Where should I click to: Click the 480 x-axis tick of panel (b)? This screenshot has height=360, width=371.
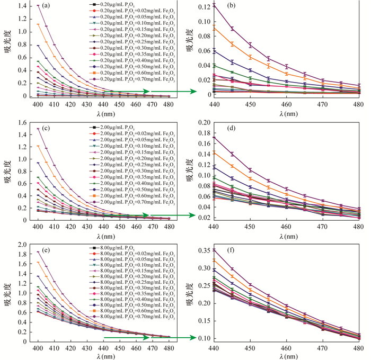click(x=358, y=104)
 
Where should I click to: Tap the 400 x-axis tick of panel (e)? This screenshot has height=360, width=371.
click(x=38, y=349)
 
